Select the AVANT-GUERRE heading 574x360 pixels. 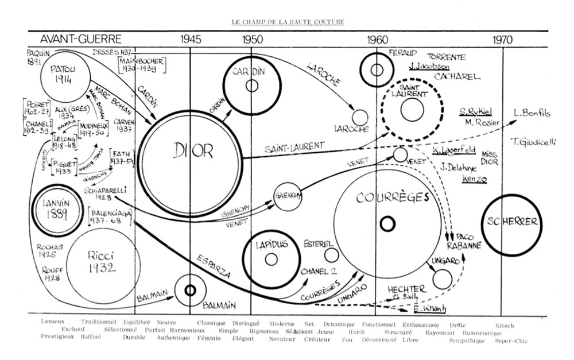[81, 39]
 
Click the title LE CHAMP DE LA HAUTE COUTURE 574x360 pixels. [288, 22]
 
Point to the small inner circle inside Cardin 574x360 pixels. [251, 86]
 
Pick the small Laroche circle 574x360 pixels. [360, 117]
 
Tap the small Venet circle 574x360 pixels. [400, 154]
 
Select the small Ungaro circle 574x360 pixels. [442, 278]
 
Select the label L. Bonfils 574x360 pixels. [532, 113]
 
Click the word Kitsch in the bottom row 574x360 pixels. [505, 326]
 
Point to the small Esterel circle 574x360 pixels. [331, 255]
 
